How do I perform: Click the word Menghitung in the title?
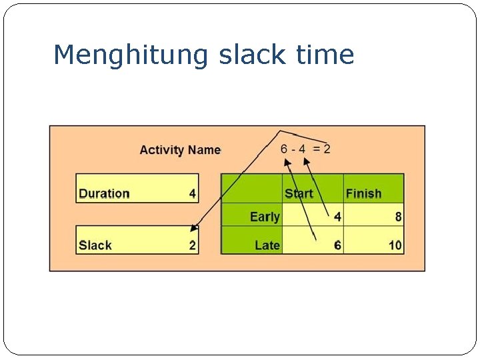pyautogui.click(x=131, y=55)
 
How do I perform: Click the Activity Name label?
pyautogui.click(x=180, y=150)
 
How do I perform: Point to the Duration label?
pyautogui.click(x=104, y=194)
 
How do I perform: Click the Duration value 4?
pyautogui.click(x=192, y=194)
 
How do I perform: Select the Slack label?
pyautogui.click(x=95, y=245)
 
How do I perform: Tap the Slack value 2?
pyautogui.click(x=192, y=245)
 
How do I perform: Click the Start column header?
pyautogui.click(x=299, y=194)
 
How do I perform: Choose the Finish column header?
pyautogui.click(x=363, y=194)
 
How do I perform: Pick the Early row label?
pyautogui.click(x=265, y=217)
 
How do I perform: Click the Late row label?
pyautogui.click(x=267, y=245)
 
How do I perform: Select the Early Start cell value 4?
pyautogui.click(x=337, y=217)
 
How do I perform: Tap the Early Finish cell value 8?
pyautogui.click(x=398, y=217)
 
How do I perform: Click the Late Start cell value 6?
pyautogui.click(x=337, y=245)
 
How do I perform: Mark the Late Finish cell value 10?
pyautogui.click(x=395, y=245)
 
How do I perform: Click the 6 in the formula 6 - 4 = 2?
pyautogui.click(x=285, y=149)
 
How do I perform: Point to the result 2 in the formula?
pyautogui.click(x=327, y=149)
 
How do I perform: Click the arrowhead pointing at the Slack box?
pyautogui.click(x=193, y=229)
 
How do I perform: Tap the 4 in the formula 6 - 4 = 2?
pyautogui.click(x=302, y=149)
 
